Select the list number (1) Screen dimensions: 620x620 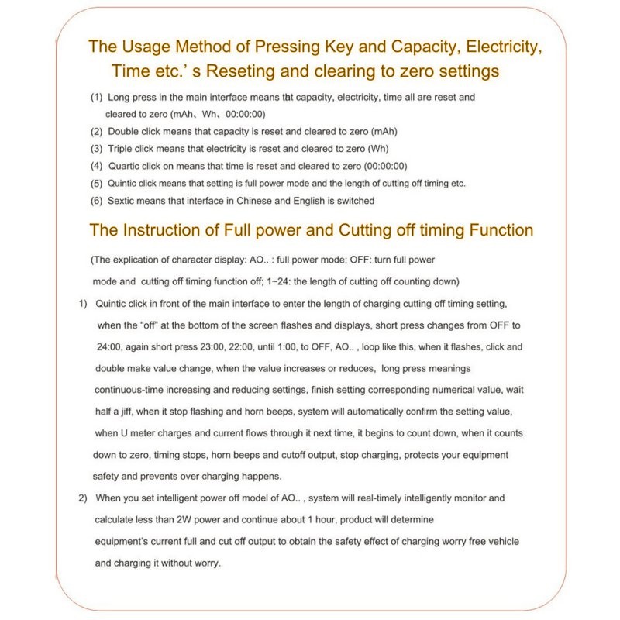pyautogui.click(x=96, y=98)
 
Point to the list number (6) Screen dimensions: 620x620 pyautogui.click(x=96, y=201)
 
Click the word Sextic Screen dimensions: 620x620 pyautogui.click(x=125, y=201)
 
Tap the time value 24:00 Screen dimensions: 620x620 pyautogui.click(x=107, y=346)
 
